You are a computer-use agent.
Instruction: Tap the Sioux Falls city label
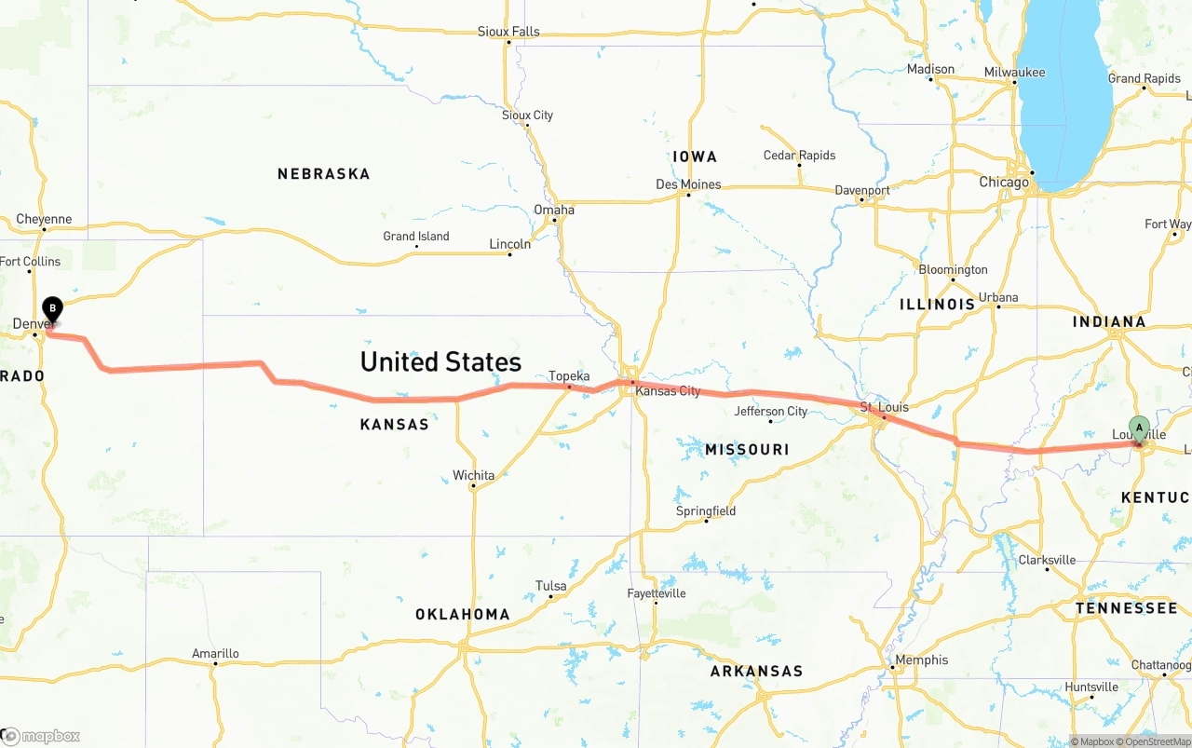tap(508, 32)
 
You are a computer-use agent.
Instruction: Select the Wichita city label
tap(473, 475)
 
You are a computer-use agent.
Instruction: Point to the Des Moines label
tap(688, 184)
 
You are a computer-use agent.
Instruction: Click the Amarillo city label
tap(215, 653)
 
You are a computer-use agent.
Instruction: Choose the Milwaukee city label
tap(1014, 73)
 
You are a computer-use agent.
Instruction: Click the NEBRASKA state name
tap(323, 174)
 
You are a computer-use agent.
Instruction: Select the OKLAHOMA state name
tap(462, 615)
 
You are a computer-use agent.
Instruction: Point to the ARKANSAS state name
tap(756, 671)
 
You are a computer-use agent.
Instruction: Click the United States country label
tap(440, 361)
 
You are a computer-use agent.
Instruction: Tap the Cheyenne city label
tap(44, 220)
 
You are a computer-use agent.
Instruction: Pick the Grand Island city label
tap(415, 237)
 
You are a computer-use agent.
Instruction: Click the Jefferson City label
tap(770, 411)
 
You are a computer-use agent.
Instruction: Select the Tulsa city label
tap(550, 586)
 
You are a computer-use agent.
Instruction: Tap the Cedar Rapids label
tap(799, 156)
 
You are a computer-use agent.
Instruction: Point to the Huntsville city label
tap(1090, 687)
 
